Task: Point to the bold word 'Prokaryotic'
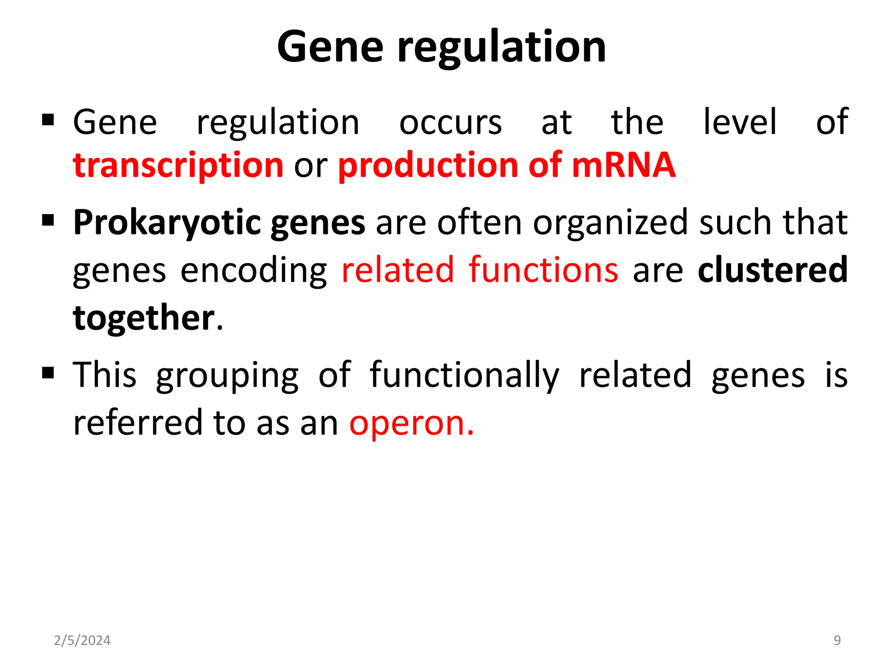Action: (x=167, y=223)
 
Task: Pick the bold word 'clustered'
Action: (x=773, y=270)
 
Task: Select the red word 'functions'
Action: (x=544, y=270)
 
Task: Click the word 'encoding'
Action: (x=253, y=271)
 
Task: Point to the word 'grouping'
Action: (x=227, y=376)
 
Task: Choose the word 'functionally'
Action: (x=464, y=376)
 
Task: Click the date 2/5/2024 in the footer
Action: (x=82, y=640)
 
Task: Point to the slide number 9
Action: (x=837, y=640)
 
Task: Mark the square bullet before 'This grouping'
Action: (x=48, y=373)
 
